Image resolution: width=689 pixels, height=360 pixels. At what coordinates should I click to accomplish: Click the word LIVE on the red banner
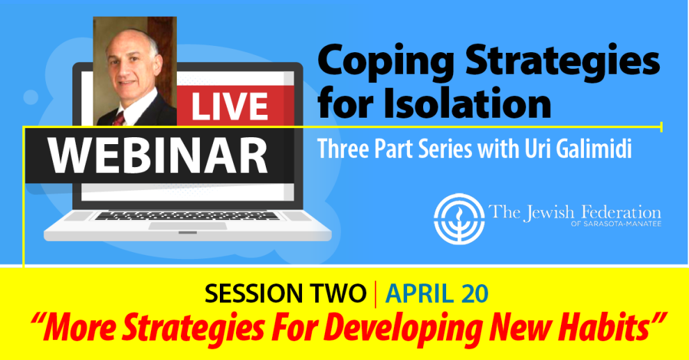pyautogui.click(x=230, y=107)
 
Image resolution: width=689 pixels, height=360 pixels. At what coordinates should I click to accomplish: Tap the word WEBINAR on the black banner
pyautogui.click(x=158, y=156)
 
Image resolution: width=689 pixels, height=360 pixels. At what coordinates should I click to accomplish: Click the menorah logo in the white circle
pyautogui.click(x=459, y=219)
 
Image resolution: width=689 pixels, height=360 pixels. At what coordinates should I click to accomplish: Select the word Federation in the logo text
pyautogui.click(x=621, y=212)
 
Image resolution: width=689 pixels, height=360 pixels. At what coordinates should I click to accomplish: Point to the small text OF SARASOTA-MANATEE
pyautogui.click(x=616, y=224)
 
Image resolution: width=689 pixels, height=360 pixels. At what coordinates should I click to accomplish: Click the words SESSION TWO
pyautogui.click(x=285, y=294)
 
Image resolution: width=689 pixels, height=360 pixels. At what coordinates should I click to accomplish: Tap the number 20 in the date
pyautogui.click(x=475, y=294)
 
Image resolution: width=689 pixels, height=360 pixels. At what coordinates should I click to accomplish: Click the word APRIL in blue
pyautogui.click(x=420, y=294)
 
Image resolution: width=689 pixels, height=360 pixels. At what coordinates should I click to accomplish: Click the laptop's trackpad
pyautogui.click(x=188, y=226)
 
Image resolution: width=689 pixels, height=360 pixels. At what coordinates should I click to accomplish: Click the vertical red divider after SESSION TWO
pyautogui.click(x=376, y=294)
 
